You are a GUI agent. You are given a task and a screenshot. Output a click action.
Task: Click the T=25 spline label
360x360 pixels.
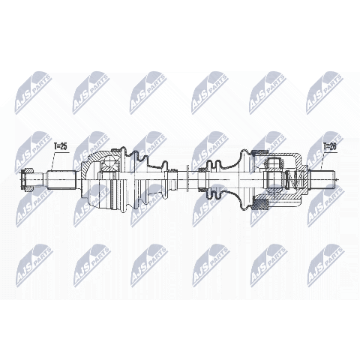61,147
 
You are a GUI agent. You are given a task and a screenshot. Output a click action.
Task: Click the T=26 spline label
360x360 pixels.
330,147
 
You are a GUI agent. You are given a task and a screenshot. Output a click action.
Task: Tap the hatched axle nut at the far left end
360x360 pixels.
27,179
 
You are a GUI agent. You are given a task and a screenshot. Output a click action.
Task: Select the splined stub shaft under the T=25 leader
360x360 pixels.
61,179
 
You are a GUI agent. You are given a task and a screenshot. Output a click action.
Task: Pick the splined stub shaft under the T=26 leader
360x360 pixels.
322,179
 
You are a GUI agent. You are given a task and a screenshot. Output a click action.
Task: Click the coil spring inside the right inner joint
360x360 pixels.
295,179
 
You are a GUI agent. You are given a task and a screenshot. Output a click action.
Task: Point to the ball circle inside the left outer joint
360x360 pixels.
109,163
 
